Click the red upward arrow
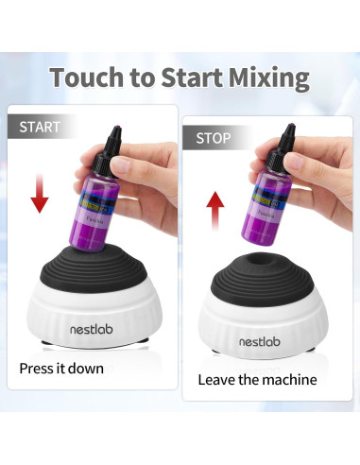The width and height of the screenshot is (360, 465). (216, 210)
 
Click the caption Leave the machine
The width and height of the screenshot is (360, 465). (257, 380)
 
